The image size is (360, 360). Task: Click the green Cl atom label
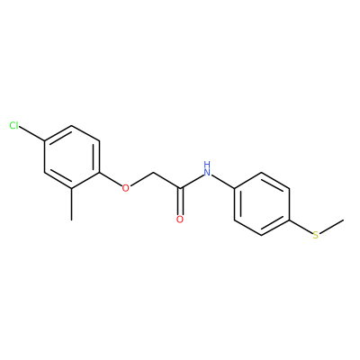coord(13,125)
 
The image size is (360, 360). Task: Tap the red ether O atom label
coord(126,188)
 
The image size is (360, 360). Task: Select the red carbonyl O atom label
coord(180,220)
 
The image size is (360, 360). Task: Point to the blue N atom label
coord(207,172)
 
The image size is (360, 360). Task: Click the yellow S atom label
coord(316,235)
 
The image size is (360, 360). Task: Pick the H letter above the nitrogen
coord(207,164)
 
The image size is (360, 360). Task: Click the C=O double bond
coord(180,202)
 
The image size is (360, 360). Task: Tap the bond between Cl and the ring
coord(31,134)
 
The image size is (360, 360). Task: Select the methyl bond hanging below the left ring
coord(71,204)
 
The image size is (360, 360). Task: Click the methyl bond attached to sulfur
coord(331,227)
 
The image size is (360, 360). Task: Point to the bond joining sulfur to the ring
coord(301,228)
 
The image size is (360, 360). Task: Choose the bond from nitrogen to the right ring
coord(222,182)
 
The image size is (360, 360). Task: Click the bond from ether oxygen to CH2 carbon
coord(142,179)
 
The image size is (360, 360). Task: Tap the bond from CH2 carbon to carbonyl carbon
coord(166,180)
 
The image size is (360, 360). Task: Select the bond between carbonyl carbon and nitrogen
coord(192,182)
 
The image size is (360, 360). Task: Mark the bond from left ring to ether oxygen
coord(111,180)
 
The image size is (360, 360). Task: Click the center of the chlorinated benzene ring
coord(72,157)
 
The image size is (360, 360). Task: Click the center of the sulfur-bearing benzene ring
coord(262,203)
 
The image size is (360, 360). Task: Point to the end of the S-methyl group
coord(344,220)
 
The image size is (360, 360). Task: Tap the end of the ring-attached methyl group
coord(71,220)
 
